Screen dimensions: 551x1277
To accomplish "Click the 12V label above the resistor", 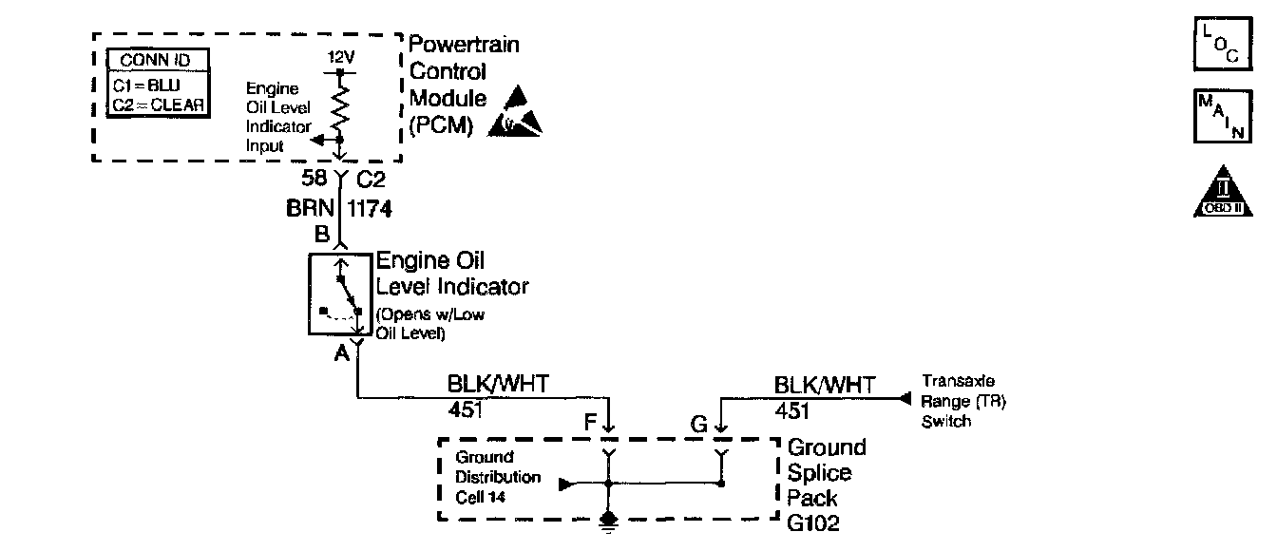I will pyautogui.click(x=340, y=58).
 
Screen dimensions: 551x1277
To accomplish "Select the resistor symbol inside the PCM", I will pyautogui.click(x=341, y=102).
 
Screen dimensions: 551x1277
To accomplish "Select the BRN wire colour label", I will pyautogui.click(x=308, y=209).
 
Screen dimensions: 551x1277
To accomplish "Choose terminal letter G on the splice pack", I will pyautogui.click(x=699, y=424).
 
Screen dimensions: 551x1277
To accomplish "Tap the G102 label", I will pyautogui.click(x=814, y=522).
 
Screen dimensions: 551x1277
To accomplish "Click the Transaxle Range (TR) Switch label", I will pyautogui.click(x=963, y=400).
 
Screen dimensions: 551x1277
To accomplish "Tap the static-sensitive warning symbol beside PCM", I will pyautogui.click(x=517, y=109).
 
